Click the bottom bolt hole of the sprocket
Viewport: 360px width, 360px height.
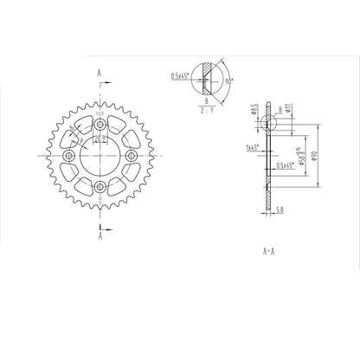[100, 188]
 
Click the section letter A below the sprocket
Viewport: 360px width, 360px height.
[100, 235]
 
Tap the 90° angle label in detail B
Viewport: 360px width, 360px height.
[228, 80]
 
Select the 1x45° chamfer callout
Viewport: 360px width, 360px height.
[254, 148]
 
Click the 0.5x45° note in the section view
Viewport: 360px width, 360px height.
[281, 164]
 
